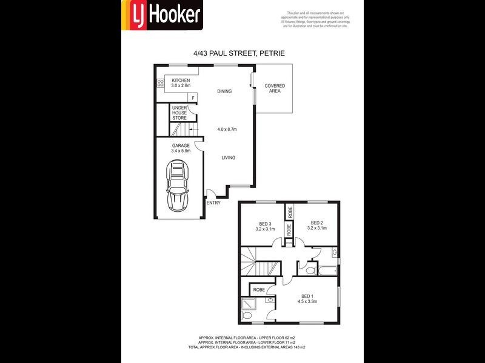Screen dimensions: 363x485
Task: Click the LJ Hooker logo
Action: point(162,15)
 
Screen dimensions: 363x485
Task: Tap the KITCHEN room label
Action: point(181,83)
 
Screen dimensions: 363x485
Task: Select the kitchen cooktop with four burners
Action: point(161,84)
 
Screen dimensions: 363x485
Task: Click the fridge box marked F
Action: point(193,97)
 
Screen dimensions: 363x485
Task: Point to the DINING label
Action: point(225,91)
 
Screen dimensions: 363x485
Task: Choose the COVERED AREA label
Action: point(275,88)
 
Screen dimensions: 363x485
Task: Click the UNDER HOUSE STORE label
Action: point(179,113)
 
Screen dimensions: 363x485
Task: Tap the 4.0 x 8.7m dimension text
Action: point(227,129)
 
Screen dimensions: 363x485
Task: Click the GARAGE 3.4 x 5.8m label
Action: point(181,148)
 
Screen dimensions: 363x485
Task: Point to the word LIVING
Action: point(228,158)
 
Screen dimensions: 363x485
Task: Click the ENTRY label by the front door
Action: point(213,203)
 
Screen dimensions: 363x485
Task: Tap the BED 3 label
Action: point(265,226)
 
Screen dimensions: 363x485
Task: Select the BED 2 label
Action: point(316,225)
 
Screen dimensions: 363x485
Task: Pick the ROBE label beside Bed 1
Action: point(258,290)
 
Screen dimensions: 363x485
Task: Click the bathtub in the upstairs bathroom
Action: point(327,270)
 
